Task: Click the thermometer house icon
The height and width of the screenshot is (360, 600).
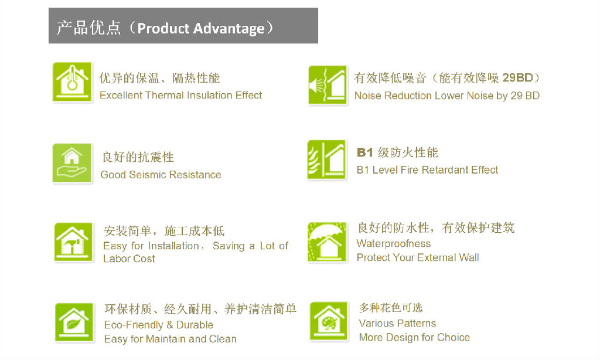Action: (x=72, y=82)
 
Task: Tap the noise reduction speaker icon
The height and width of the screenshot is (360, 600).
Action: (x=328, y=85)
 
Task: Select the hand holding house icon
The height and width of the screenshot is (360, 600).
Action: (x=72, y=163)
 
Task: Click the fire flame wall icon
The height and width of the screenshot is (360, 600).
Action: (x=327, y=159)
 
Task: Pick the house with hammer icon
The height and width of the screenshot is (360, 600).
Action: (x=73, y=242)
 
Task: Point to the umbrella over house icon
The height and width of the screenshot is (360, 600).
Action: (x=327, y=242)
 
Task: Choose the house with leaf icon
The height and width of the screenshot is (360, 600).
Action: (x=74, y=322)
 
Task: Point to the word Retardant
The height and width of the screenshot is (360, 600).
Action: (x=439, y=169)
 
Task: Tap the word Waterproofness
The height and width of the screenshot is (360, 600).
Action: (x=394, y=243)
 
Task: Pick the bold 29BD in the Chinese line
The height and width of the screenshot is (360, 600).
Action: (x=517, y=78)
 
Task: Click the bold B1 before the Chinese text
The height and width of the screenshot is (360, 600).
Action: (x=364, y=152)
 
